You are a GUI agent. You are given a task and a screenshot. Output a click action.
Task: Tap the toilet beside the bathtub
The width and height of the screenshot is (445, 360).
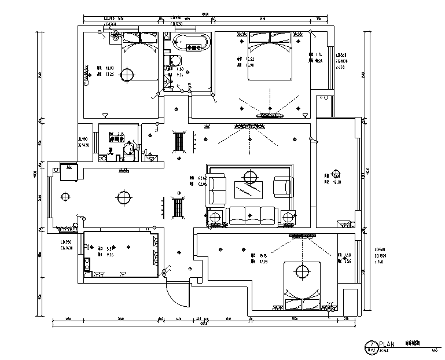click(x=174, y=62)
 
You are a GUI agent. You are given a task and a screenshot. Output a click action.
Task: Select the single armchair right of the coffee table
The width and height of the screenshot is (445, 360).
click(x=282, y=186)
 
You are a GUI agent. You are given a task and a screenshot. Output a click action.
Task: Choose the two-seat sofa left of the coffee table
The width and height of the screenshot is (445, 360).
click(x=218, y=190)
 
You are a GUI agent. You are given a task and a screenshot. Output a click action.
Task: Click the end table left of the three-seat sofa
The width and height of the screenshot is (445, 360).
click(x=216, y=217)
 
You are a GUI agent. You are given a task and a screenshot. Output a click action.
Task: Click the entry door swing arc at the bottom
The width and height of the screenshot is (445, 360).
click(x=176, y=296)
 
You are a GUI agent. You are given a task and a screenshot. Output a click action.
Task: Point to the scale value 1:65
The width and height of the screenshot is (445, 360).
click(x=433, y=349)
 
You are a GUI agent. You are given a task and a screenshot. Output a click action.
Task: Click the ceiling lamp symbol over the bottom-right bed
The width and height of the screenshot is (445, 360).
click(x=301, y=270)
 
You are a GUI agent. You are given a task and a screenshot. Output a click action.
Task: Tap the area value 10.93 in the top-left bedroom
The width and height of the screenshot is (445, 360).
click(x=108, y=68)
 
